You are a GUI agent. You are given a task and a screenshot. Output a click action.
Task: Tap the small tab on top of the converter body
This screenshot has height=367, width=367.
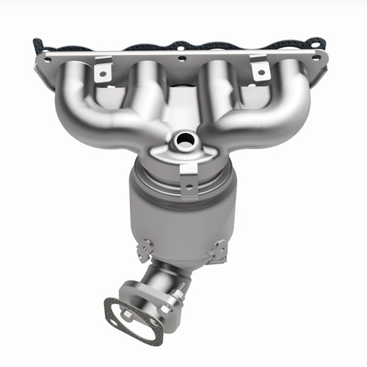[x=189, y=174]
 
